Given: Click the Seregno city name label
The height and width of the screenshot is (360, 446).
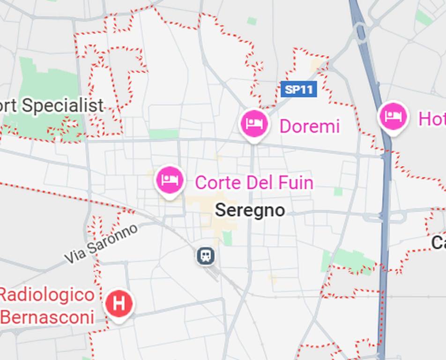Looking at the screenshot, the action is (x=250, y=210).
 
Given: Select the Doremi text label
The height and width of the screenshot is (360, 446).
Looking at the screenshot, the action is (x=309, y=127).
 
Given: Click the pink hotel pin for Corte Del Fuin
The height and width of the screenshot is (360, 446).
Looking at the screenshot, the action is (x=170, y=180).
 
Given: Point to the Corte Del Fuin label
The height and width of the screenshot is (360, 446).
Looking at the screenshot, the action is (x=254, y=182).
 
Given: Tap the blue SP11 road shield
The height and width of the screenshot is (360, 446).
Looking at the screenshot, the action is (x=299, y=89).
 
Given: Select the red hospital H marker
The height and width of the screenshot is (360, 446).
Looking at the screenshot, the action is (x=119, y=304).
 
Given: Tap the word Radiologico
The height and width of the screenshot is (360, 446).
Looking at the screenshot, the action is (x=46, y=295).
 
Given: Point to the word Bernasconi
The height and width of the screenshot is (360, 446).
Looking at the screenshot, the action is (x=47, y=317).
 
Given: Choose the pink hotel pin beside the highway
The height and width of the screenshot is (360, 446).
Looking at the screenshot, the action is (x=393, y=117).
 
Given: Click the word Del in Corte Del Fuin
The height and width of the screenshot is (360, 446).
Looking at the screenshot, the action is (x=257, y=182).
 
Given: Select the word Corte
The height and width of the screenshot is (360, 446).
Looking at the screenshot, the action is (x=217, y=182).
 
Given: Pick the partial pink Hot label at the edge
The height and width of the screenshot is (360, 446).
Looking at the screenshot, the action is (x=431, y=119).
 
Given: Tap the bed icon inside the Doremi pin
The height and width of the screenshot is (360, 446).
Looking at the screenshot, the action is (x=254, y=123).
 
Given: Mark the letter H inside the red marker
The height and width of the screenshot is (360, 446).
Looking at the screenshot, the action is (x=119, y=304).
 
